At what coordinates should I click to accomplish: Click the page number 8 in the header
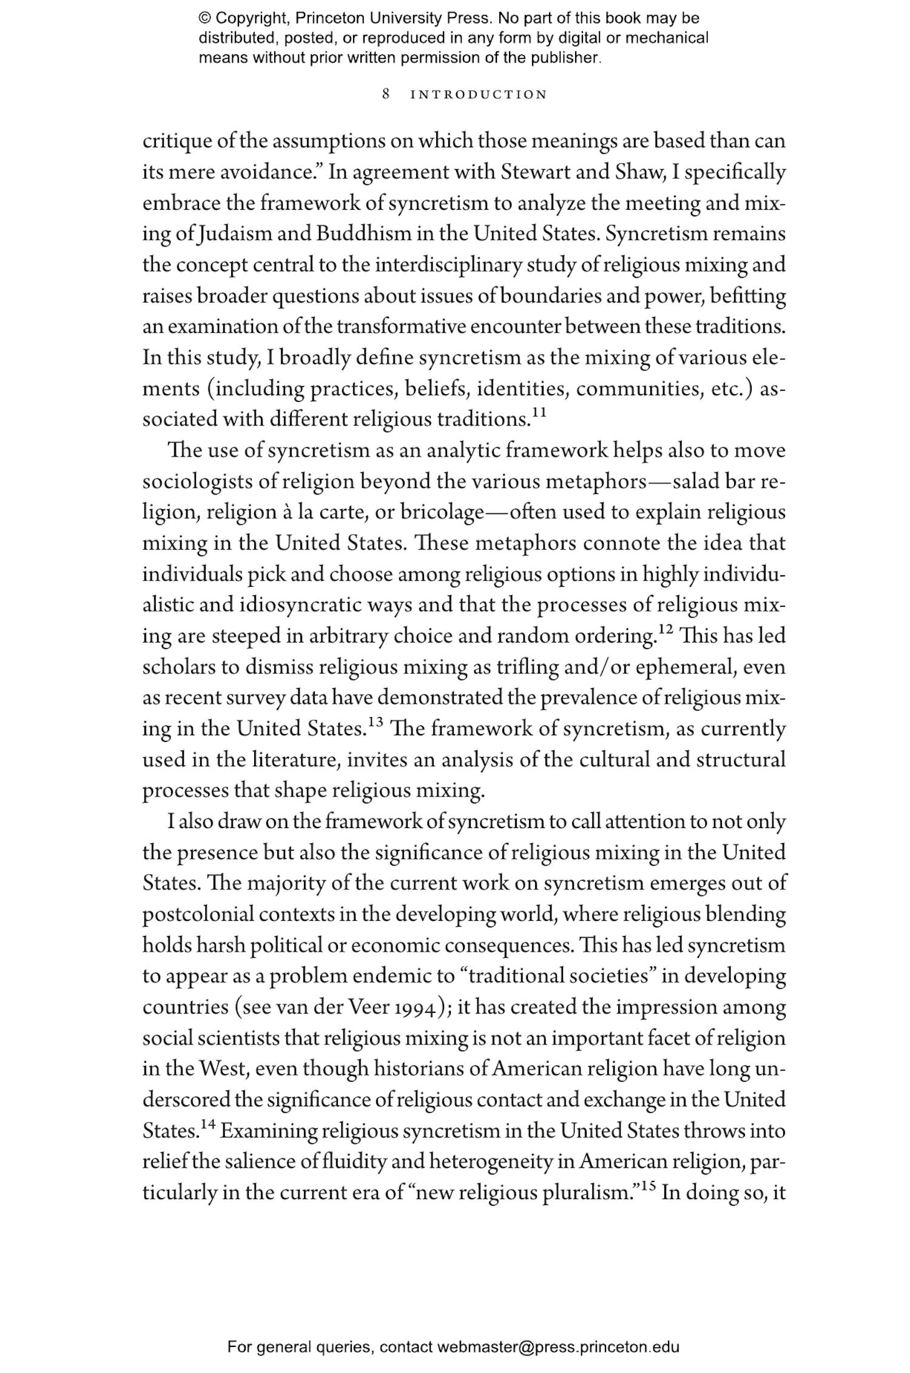[x=386, y=94]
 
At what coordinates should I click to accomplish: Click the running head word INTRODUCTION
[x=479, y=95]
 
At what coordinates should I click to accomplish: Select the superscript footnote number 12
[x=666, y=630]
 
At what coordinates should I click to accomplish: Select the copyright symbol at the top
[x=204, y=18]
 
